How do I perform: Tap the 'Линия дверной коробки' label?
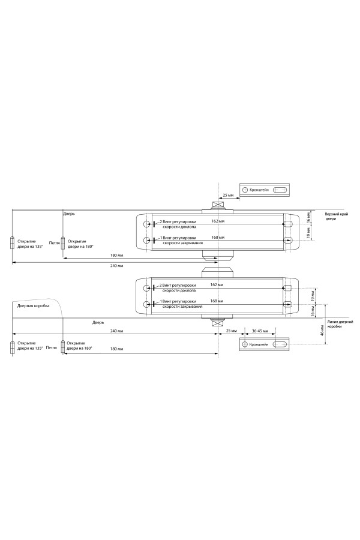coord(340,325)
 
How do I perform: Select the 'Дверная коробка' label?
coord(33,306)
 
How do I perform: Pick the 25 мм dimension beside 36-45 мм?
coord(232,331)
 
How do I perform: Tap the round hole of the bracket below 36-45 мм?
coord(245,345)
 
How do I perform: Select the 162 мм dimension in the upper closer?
coord(218,221)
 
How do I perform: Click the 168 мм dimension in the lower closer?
coord(218,301)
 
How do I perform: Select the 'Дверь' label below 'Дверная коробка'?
coord(98,322)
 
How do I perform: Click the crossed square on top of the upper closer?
coord(218,205)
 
